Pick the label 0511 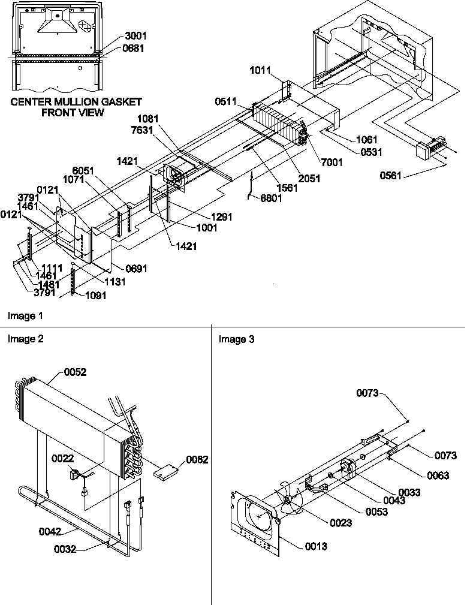(227, 103)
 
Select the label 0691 (136, 268)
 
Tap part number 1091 (97, 295)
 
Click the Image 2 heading (25, 339)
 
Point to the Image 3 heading (236, 340)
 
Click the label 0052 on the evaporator (76, 372)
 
